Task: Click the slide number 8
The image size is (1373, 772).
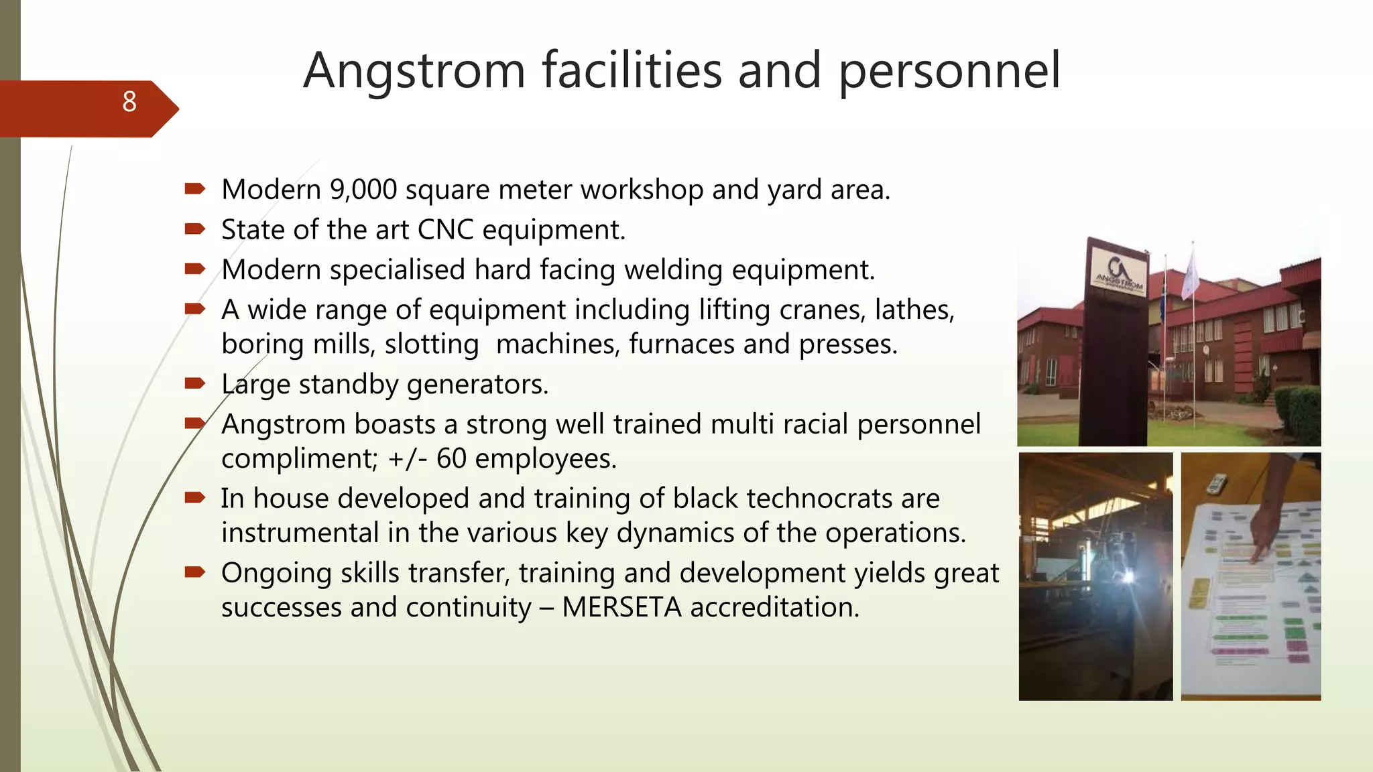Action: click(129, 102)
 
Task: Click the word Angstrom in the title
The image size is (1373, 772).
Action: click(414, 71)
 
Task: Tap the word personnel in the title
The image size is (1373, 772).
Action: click(949, 71)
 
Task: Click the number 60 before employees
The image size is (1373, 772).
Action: click(451, 459)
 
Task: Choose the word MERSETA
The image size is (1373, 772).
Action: click(621, 607)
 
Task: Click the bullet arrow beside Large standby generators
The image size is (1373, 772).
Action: click(194, 383)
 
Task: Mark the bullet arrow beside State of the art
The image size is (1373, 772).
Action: click(194, 229)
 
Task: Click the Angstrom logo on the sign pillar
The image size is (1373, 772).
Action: click(1118, 271)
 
